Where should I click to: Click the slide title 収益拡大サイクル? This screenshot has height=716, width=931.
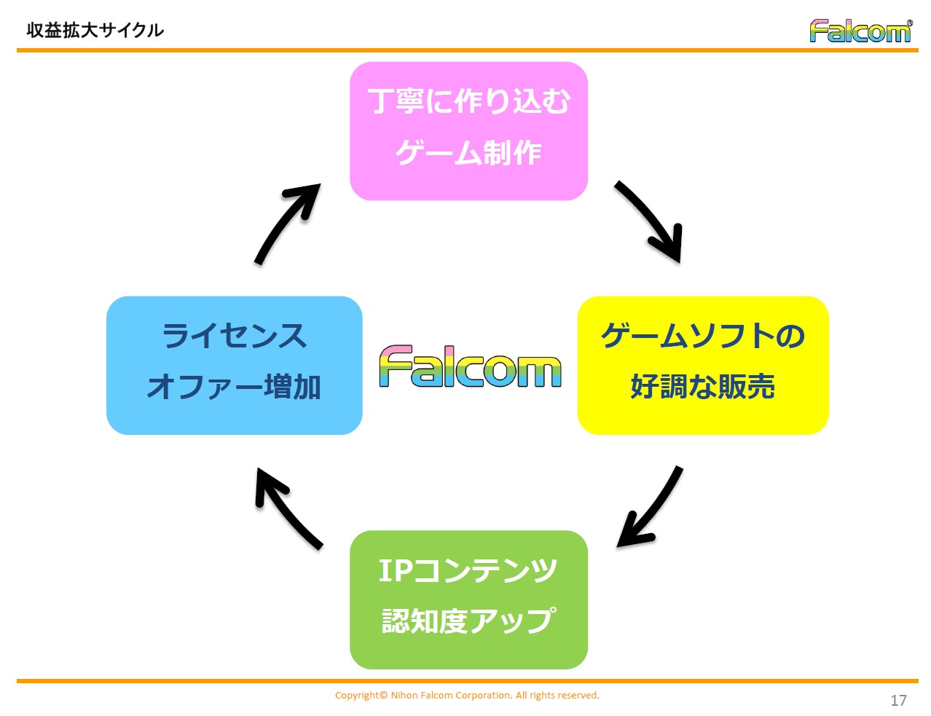(x=95, y=30)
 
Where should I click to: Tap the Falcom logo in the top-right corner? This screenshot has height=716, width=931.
(x=860, y=31)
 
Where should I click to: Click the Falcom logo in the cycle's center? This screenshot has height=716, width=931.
(x=470, y=366)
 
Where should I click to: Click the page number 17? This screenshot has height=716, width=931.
(x=898, y=700)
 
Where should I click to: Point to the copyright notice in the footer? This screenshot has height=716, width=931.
(x=467, y=695)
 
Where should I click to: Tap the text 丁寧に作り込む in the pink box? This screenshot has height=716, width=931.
(x=468, y=101)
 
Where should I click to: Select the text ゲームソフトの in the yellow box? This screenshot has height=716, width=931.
(x=702, y=336)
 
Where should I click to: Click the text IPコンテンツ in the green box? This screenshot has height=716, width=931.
(x=468, y=570)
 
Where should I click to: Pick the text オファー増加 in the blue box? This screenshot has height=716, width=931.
(x=234, y=387)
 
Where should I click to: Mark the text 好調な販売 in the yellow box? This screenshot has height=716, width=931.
(x=702, y=387)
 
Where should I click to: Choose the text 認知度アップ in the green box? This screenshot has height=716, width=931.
(x=468, y=621)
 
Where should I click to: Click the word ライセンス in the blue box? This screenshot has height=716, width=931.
(x=234, y=336)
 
